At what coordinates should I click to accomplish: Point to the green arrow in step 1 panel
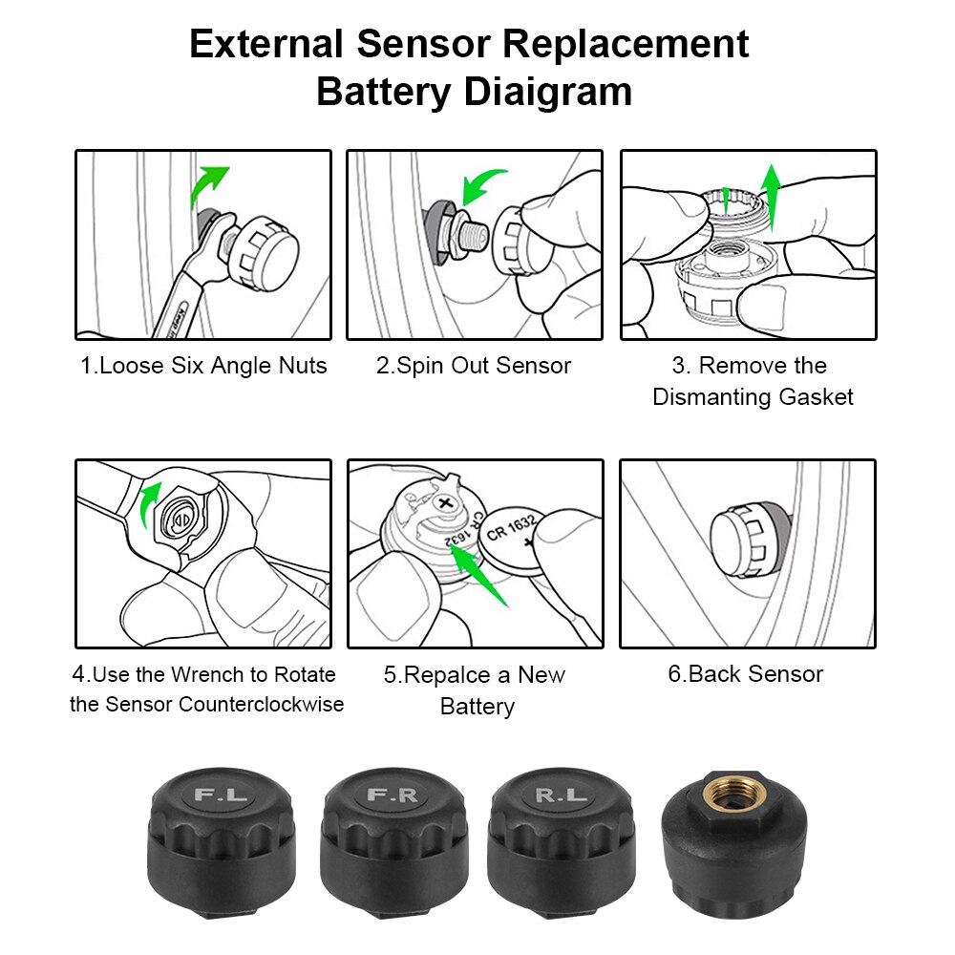click(x=208, y=185)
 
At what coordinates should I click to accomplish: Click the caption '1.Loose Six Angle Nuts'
click(x=203, y=366)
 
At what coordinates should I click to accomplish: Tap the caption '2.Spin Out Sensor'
click(x=474, y=366)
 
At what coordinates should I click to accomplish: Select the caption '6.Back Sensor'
click(x=745, y=674)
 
